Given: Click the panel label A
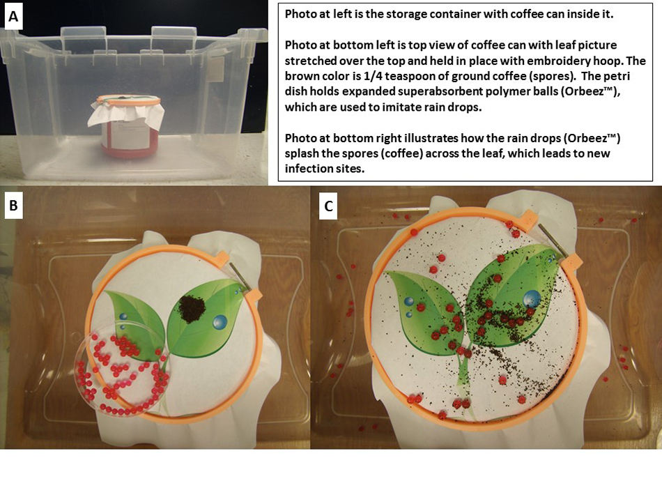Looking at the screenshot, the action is [13, 17].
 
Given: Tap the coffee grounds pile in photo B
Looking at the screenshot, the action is [192, 309].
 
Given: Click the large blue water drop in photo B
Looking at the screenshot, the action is [220, 322].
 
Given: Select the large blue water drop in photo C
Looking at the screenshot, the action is [532, 298].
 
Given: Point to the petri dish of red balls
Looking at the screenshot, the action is [122, 369].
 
